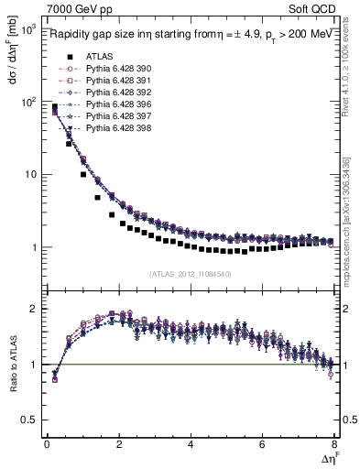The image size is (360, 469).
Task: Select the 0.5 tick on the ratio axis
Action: click(29, 420)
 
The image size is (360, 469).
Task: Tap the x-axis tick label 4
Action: click(190, 444)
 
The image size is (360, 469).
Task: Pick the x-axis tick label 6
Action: click(262, 444)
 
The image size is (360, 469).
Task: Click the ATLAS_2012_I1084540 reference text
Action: click(189, 273)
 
